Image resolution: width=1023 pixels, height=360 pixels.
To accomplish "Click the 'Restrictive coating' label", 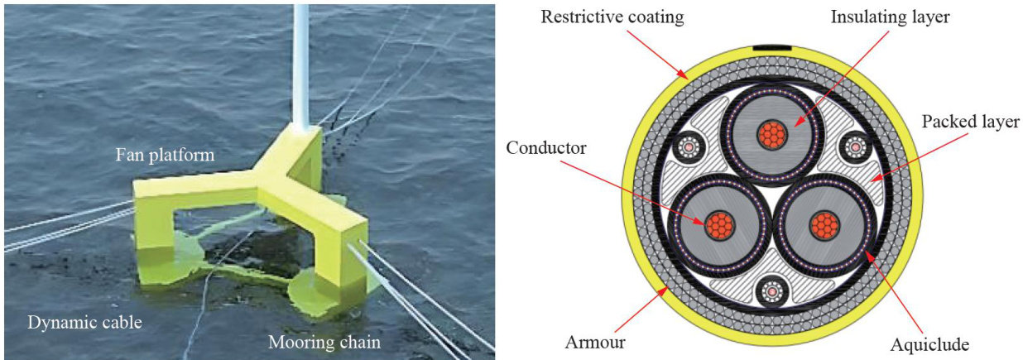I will pos(612,17).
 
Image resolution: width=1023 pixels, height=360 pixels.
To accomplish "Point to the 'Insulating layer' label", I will pos(856,17).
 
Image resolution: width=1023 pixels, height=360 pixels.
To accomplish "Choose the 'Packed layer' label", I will pos(971,122).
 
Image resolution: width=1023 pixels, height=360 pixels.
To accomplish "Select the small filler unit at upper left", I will pos(687,148).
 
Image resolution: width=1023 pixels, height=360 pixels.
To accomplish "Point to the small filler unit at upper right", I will pos(854,148).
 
